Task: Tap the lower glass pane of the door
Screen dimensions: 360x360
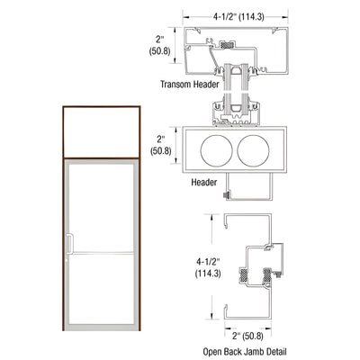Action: tap(102, 297)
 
